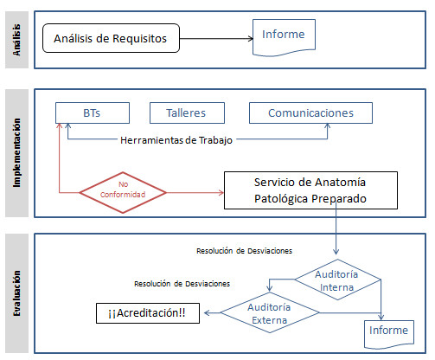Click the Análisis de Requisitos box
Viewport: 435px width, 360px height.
111,38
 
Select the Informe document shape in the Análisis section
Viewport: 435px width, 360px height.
284,37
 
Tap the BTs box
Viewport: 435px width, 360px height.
93,112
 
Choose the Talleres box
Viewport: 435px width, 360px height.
187,112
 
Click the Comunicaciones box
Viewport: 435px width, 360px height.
310,112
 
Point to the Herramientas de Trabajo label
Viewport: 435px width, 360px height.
176,140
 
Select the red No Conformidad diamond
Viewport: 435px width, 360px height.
123,192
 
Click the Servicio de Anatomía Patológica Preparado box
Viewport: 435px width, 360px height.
310,190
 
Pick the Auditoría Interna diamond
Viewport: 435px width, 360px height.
337,280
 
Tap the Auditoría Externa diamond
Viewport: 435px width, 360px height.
270,312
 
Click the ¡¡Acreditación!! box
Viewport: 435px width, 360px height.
148,313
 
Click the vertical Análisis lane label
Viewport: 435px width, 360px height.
16,40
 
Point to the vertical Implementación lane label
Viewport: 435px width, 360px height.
16,152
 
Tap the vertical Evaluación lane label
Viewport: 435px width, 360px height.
16,293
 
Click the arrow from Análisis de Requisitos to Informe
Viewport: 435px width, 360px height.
216,38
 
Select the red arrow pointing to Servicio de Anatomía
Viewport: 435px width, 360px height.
195,192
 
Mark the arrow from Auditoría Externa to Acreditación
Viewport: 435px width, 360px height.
212,312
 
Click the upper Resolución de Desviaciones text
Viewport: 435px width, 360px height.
244,251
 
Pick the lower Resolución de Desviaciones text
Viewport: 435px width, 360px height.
182,284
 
